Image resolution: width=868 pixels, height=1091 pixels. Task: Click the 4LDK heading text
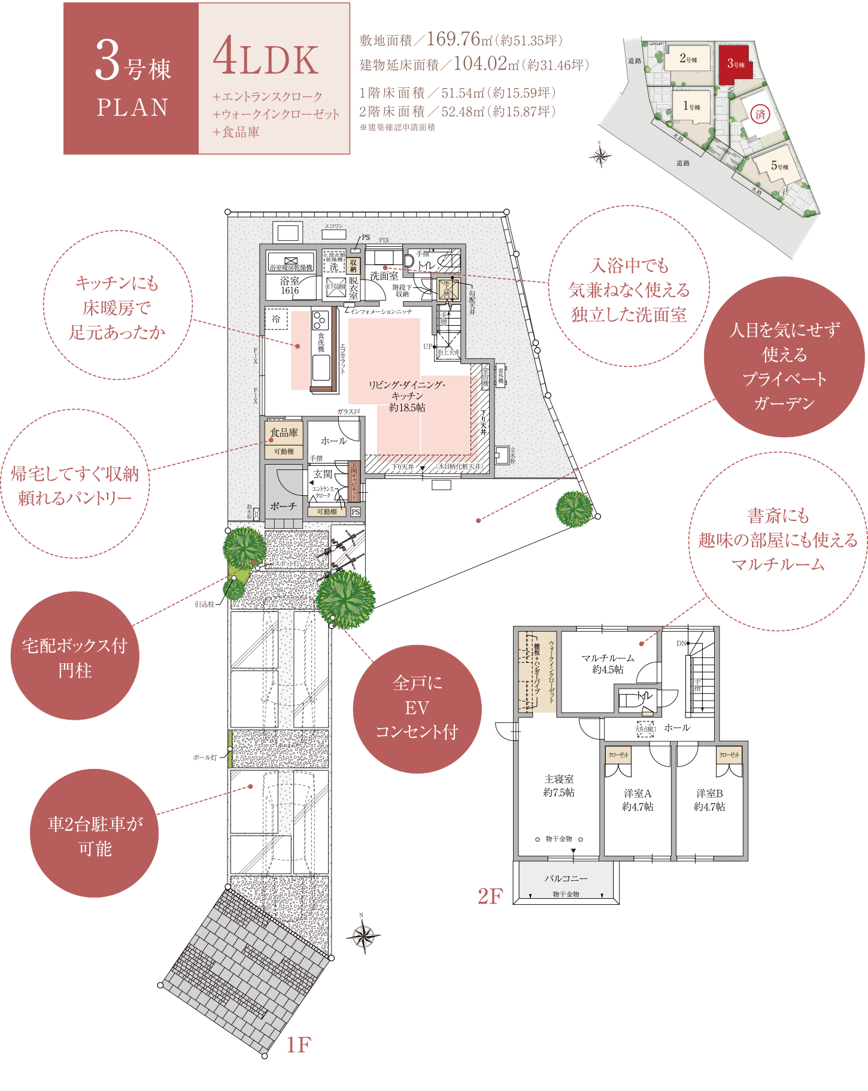click(266, 59)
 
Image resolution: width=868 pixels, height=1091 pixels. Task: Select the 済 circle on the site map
click(760, 114)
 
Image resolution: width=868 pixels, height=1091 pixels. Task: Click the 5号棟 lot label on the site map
click(779, 166)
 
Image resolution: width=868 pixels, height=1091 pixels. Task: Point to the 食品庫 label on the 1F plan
click(284, 432)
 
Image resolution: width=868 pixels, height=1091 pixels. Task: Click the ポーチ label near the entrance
click(283, 506)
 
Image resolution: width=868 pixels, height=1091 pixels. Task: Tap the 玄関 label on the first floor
click(322, 474)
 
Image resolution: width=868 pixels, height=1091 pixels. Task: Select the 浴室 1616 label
click(290, 286)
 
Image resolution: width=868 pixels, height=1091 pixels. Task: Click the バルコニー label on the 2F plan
click(566, 878)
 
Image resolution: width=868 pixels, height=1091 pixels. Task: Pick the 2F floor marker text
click(490, 896)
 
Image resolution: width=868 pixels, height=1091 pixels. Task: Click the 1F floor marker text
click(298, 1045)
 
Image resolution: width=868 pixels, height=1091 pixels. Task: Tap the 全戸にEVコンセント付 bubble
click(417, 708)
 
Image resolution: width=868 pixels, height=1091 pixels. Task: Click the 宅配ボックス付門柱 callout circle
click(75, 657)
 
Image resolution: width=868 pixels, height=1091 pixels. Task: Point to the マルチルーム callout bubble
click(778, 541)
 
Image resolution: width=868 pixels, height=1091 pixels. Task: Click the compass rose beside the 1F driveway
click(363, 935)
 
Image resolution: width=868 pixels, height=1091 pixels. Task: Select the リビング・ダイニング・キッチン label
click(407, 396)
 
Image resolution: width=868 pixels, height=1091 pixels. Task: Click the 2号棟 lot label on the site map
click(688, 59)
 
